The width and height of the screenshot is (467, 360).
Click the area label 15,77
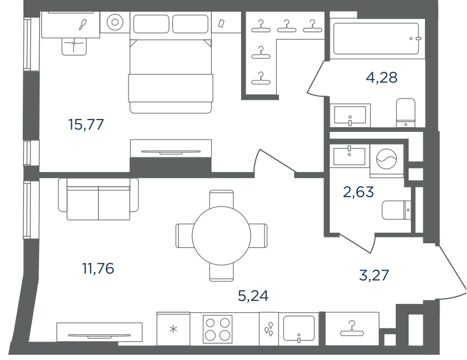click(86, 124)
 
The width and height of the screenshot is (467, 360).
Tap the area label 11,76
click(98, 268)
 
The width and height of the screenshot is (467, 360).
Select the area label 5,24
click(253, 296)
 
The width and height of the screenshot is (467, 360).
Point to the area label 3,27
click(374, 275)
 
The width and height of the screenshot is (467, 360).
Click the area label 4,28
click(382, 78)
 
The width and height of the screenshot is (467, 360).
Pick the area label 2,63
click(358, 192)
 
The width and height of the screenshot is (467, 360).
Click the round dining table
click(221, 236)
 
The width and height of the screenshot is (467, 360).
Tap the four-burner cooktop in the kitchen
click(217, 329)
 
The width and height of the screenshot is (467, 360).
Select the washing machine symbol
click(386, 159)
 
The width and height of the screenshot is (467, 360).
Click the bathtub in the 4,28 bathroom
click(376, 39)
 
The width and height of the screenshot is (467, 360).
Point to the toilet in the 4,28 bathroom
click(406, 113)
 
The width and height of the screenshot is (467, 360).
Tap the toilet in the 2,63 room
click(396, 210)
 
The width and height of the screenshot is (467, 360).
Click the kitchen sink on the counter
click(299, 328)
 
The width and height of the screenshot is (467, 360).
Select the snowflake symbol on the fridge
click(173, 329)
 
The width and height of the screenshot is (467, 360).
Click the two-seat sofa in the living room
click(98, 199)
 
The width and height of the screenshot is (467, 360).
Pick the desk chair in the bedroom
click(74, 47)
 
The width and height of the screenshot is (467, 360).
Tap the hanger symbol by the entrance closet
click(352, 328)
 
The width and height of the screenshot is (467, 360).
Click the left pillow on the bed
click(151, 24)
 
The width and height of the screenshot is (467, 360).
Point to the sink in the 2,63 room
click(349, 156)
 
